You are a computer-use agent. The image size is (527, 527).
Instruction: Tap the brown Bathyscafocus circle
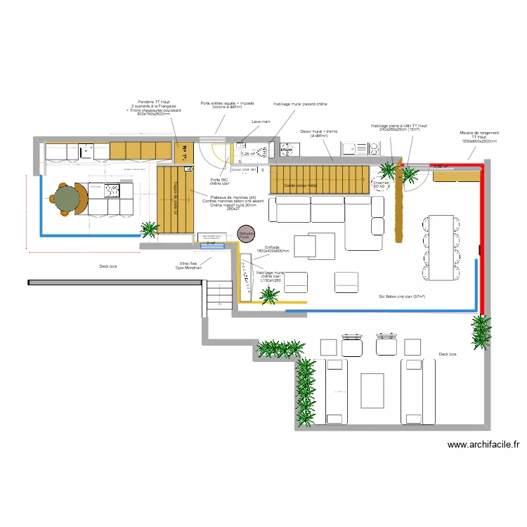coord(245,235)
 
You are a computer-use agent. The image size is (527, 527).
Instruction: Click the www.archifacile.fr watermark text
coord(483,444)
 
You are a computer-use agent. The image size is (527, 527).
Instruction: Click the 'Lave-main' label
coord(261,122)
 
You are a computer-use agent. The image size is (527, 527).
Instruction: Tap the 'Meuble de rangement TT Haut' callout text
coord(479,136)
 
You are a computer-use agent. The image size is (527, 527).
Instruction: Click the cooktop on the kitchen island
coord(113,189)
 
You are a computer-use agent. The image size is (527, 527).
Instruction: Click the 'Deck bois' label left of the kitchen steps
coord(108,266)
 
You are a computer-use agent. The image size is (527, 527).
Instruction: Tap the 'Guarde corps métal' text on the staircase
coord(300,186)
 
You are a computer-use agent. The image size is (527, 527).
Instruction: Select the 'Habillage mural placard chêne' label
coord(300,104)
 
